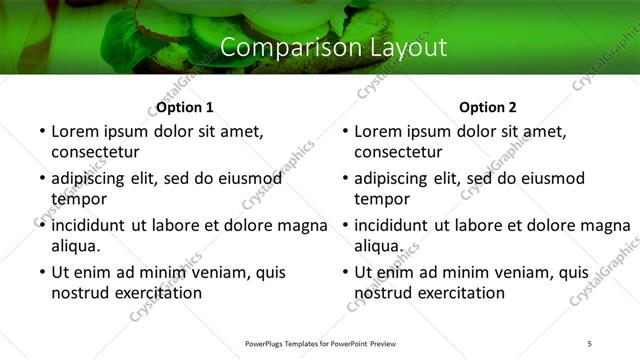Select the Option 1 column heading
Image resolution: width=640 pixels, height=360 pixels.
[185, 107]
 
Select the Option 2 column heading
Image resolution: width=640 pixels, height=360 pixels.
[487, 107]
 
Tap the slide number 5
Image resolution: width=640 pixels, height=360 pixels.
[589, 343]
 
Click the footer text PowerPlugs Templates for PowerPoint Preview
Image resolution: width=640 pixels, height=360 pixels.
[319, 343]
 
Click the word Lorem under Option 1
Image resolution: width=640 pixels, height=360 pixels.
[78, 131]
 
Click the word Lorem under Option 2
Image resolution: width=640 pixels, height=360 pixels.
[381, 131]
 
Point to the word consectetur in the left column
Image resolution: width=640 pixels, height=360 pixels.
[95, 152]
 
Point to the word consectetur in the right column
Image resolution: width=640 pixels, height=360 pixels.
[398, 152]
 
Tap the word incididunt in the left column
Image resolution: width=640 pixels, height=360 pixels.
[92, 225]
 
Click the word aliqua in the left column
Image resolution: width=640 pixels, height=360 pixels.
[76, 246]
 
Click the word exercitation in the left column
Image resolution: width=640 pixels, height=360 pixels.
[158, 293]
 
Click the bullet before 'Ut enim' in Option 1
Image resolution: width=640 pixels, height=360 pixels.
[41, 272]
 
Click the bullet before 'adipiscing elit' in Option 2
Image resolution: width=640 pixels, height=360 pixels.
[344, 178]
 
